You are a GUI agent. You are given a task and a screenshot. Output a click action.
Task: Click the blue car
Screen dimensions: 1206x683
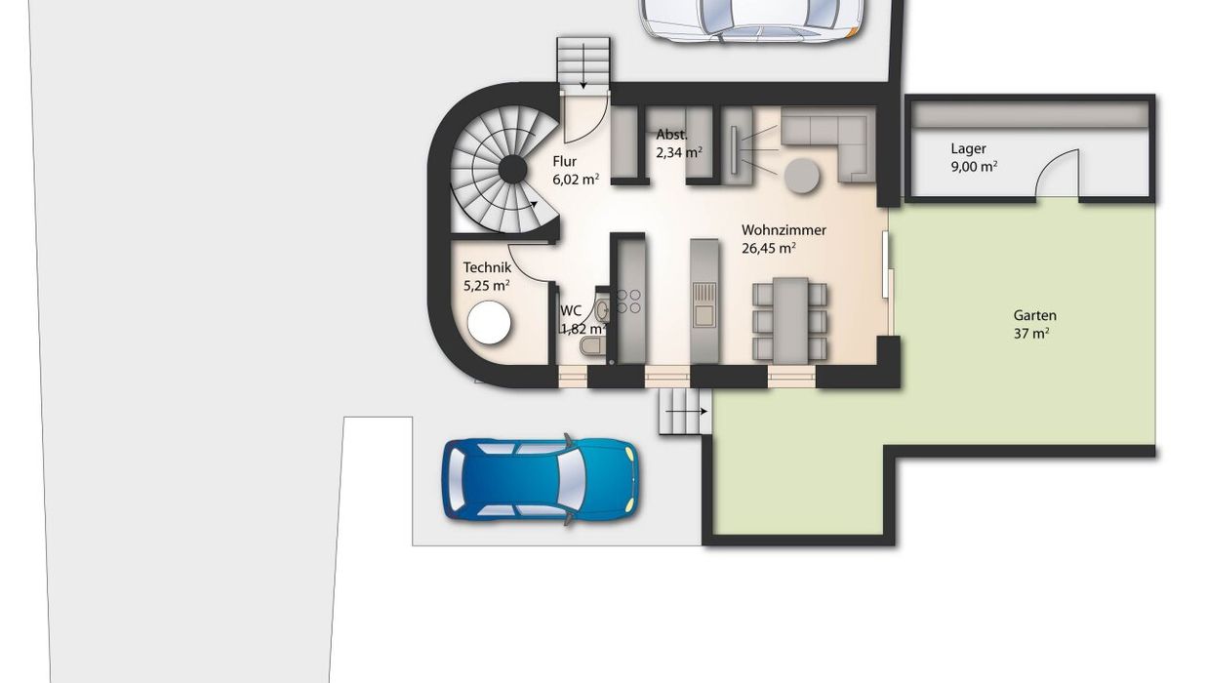tap(540, 479)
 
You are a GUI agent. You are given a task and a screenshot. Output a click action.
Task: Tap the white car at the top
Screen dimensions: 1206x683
tap(751, 19)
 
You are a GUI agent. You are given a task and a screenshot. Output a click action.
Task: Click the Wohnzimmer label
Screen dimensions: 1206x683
tap(784, 230)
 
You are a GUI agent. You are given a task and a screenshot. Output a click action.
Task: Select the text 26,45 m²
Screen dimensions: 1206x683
tap(768, 248)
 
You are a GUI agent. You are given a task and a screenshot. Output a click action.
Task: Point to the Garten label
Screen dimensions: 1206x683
tap(1034, 315)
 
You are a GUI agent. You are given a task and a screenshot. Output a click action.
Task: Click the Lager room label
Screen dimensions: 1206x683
tap(968, 148)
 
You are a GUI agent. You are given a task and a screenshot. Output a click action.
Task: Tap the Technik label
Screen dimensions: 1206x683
tap(487, 267)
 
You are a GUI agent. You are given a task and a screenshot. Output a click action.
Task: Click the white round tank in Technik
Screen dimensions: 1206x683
tap(489, 322)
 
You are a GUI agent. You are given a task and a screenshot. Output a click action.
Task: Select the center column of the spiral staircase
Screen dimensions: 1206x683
tap(512, 170)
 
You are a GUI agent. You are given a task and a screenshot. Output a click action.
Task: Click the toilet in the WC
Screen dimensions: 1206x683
tap(593, 346)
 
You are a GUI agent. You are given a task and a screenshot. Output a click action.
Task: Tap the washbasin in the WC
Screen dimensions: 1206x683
tap(603, 309)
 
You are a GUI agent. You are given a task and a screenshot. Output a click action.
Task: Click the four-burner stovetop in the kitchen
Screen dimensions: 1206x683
tap(628, 301)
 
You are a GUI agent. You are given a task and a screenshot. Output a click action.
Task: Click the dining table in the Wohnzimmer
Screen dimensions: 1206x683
tap(790, 320)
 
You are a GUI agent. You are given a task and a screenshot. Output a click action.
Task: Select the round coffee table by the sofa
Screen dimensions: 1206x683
tap(802, 176)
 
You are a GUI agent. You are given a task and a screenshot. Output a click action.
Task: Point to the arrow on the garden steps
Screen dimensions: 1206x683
tap(687, 412)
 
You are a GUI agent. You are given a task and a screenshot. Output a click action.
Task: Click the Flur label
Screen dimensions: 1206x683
tap(564, 161)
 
